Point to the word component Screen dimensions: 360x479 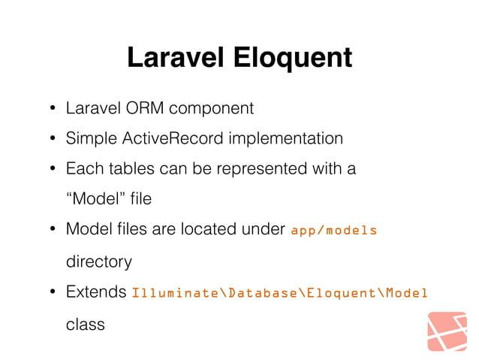tap(211, 108)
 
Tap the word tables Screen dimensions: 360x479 tap(124, 169)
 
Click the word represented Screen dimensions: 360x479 tap(257, 169)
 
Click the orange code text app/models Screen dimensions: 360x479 tap(333, 230)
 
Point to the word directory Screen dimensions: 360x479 tap(99, 262)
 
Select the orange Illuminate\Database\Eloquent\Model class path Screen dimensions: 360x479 tap(279, 292)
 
